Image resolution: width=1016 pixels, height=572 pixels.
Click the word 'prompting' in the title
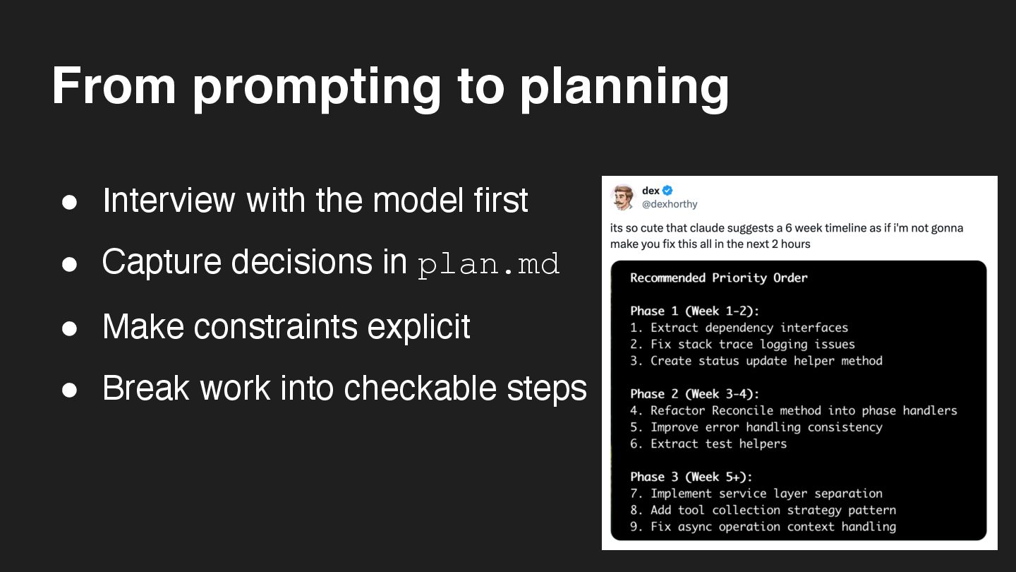pos(317,88)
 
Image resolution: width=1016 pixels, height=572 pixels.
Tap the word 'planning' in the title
pos(624,88)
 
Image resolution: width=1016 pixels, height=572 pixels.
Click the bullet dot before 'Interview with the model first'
pos(69,202)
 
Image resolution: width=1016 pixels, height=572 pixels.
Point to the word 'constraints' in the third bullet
pos(277,327)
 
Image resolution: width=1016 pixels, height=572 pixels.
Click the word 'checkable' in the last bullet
pos(420,388)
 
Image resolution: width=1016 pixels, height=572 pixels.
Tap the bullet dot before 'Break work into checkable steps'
pos(69,390)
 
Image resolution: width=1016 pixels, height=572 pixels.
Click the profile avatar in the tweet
pos(623,197)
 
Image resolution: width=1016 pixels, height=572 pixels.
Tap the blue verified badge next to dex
pos(667,191)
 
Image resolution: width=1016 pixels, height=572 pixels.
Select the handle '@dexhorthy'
pos(670,204)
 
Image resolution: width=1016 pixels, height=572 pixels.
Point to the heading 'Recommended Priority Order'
pos(719,278)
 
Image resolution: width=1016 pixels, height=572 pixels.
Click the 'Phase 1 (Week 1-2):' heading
pos(694,311)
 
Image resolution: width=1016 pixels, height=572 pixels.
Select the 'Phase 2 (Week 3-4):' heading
pos(694,394)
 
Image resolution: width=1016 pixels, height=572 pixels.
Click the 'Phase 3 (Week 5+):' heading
pos(691,477)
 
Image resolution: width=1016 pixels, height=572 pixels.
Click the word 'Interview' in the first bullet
pos(169,201)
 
